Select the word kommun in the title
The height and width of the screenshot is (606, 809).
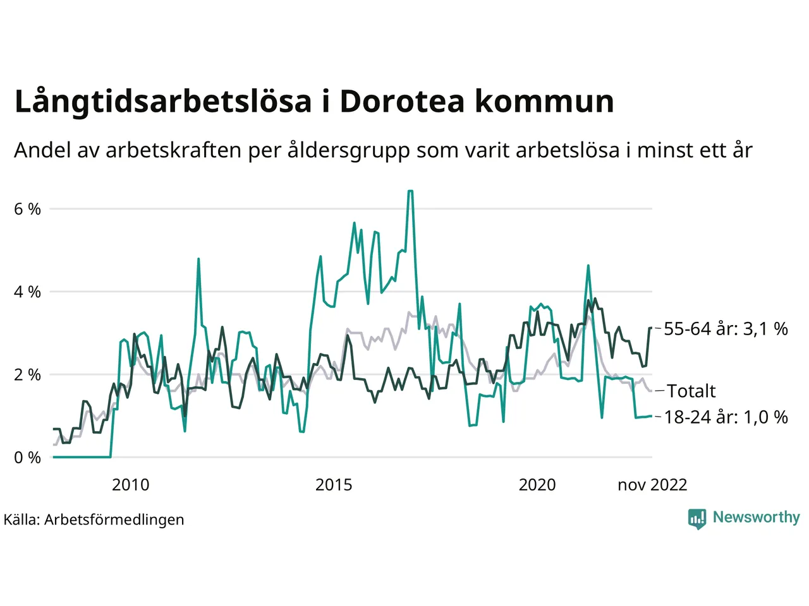544,101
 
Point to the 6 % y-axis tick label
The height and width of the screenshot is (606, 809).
27,209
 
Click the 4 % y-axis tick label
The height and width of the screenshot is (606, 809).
27,292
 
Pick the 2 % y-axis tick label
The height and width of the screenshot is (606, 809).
27,374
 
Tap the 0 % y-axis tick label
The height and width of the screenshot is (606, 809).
27,457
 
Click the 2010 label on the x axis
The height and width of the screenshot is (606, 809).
131,485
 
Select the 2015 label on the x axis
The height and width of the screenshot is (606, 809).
334,485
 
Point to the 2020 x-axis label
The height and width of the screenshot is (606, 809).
537,485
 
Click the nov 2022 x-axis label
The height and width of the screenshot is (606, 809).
652,485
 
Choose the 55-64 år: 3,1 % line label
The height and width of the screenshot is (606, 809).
726,329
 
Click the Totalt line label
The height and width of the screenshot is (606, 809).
691,391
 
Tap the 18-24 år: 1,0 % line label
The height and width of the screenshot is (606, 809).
726,417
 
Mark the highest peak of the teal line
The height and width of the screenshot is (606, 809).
411,191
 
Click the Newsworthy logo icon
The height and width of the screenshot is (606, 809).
697,518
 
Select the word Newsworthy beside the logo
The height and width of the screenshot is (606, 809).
756,518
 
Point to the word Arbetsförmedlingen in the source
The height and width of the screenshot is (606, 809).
114,520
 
